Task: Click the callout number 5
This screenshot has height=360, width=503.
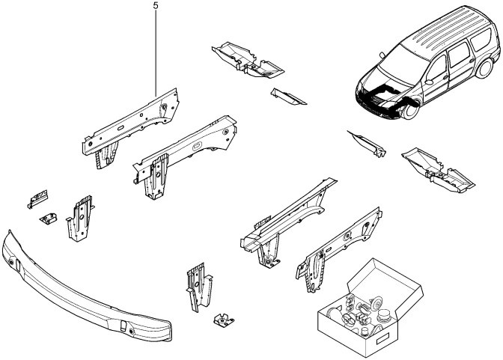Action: click(x=156, y=5)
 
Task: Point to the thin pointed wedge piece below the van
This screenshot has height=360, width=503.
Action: click(x=368, y=142)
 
